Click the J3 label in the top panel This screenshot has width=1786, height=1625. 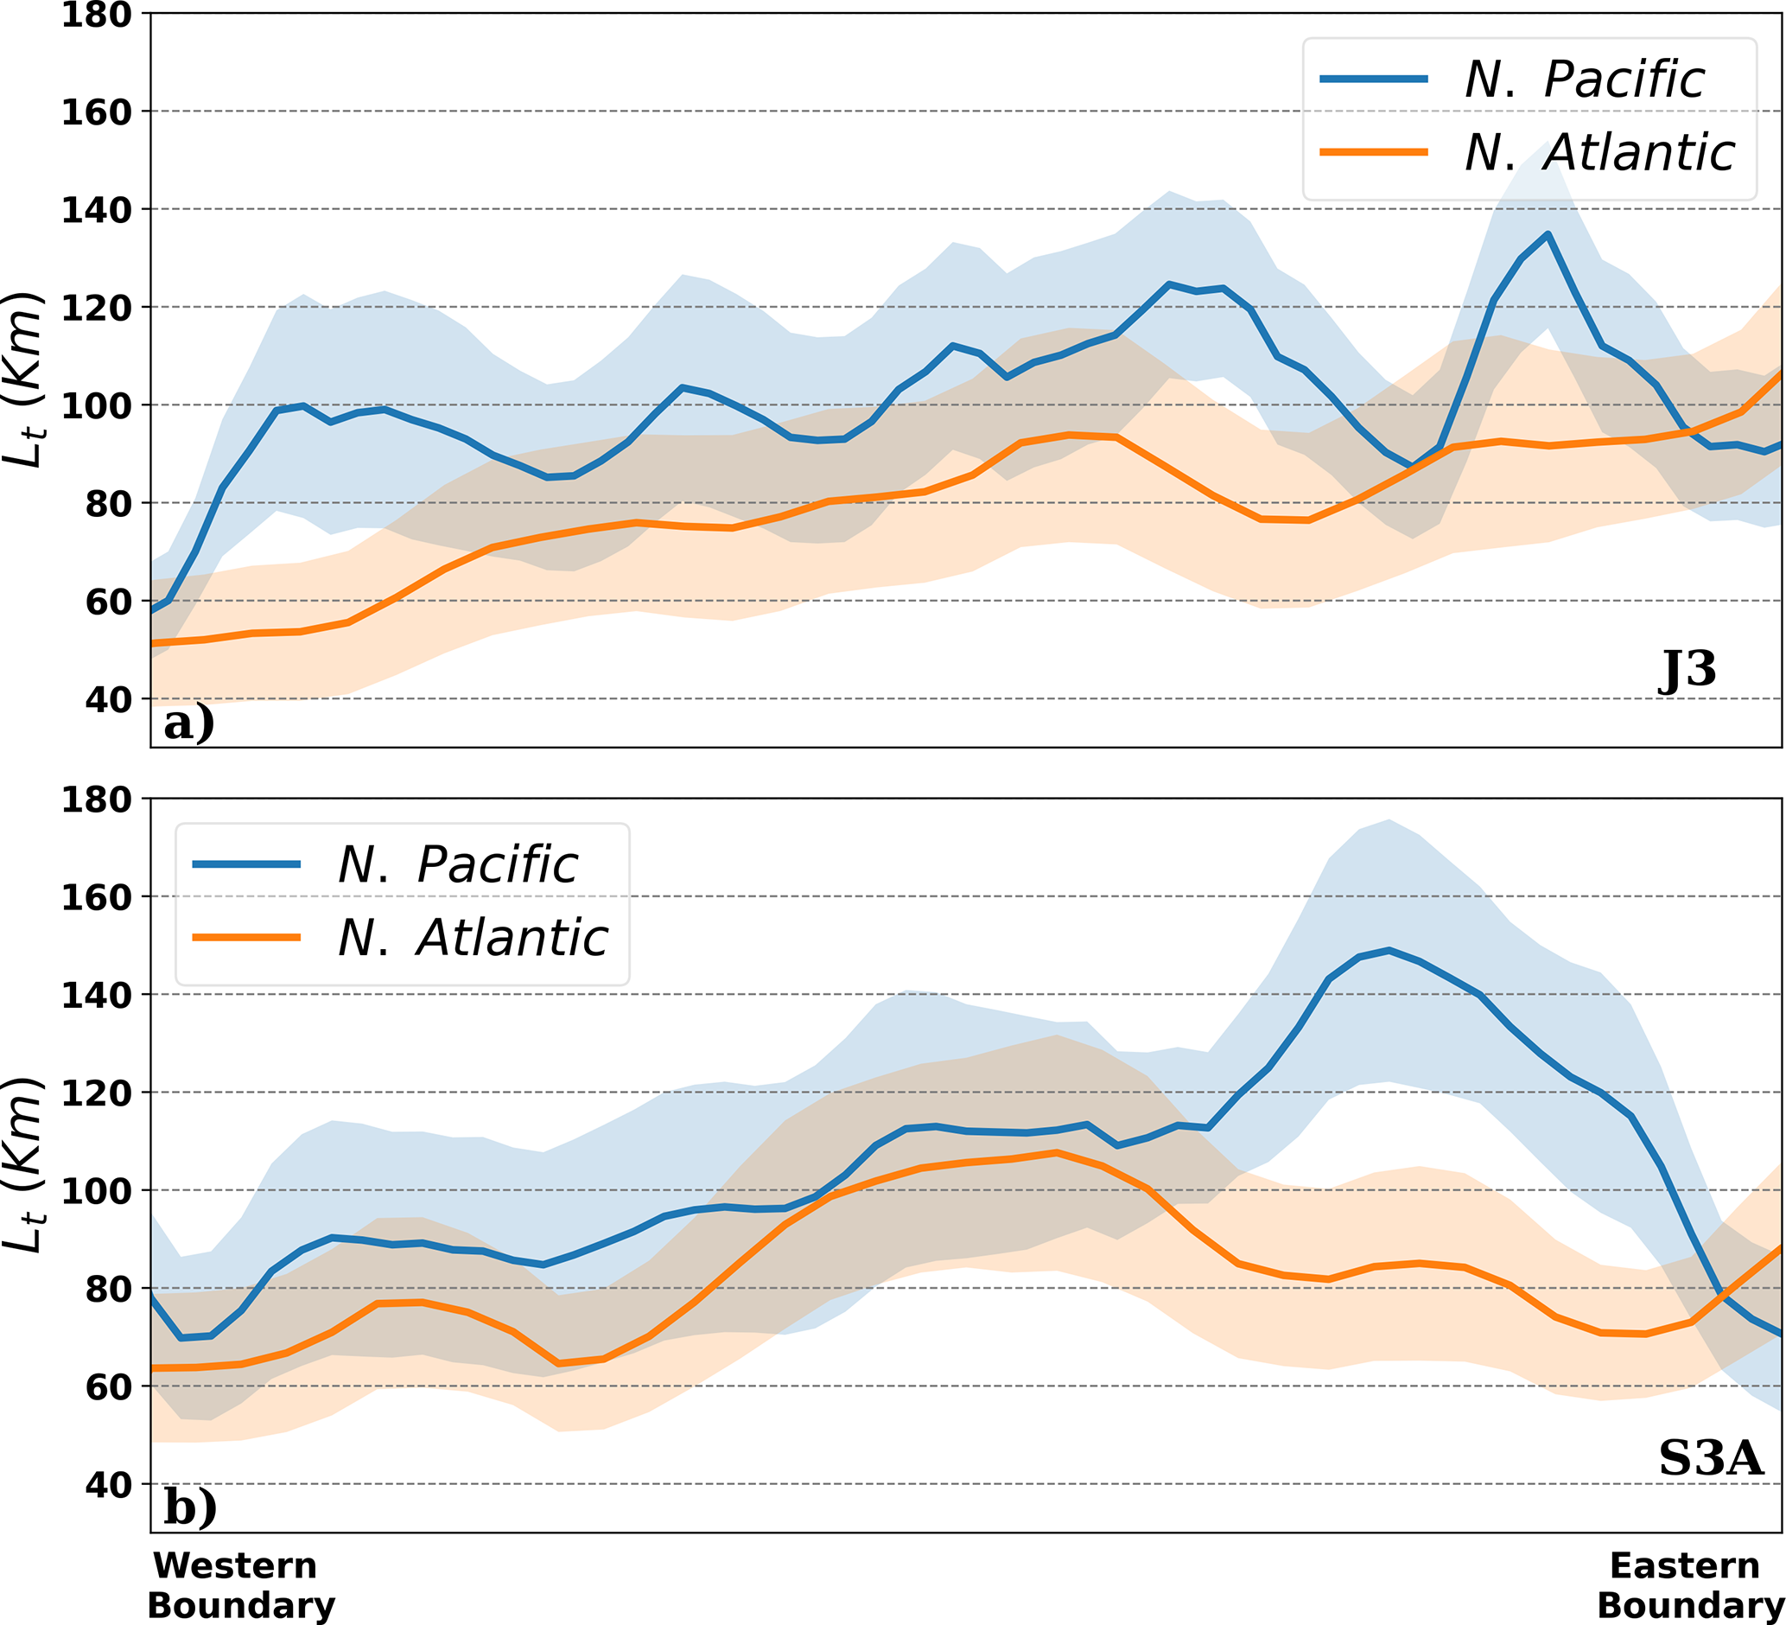(1687, 671)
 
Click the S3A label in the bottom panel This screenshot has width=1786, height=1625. (1711, 1457)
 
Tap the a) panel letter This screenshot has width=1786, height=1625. (188, 722)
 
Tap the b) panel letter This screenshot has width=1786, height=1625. (189, 1507)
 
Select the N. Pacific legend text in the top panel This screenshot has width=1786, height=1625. (1584, 80)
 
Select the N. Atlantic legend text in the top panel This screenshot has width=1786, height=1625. (1599, 152)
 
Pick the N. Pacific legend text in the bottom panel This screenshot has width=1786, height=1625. (457, 864)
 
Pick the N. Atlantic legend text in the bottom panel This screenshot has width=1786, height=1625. (472, 938)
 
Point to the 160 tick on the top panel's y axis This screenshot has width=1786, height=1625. (96, 112)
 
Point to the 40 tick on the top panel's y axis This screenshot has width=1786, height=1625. (108, 700)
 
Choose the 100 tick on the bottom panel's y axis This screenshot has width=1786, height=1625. (96, 1191)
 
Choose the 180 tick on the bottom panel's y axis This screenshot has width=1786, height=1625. (96, 800)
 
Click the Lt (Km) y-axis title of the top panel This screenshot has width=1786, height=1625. (24, 379)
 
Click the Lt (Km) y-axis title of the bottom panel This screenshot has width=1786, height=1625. (24, 1164)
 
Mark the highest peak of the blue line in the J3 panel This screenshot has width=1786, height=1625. (1547, 234)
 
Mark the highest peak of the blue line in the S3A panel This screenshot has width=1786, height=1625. (1389, 950)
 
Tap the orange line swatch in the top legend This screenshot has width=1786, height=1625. (1373, 152)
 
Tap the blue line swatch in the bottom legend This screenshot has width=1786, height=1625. (246, 864)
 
